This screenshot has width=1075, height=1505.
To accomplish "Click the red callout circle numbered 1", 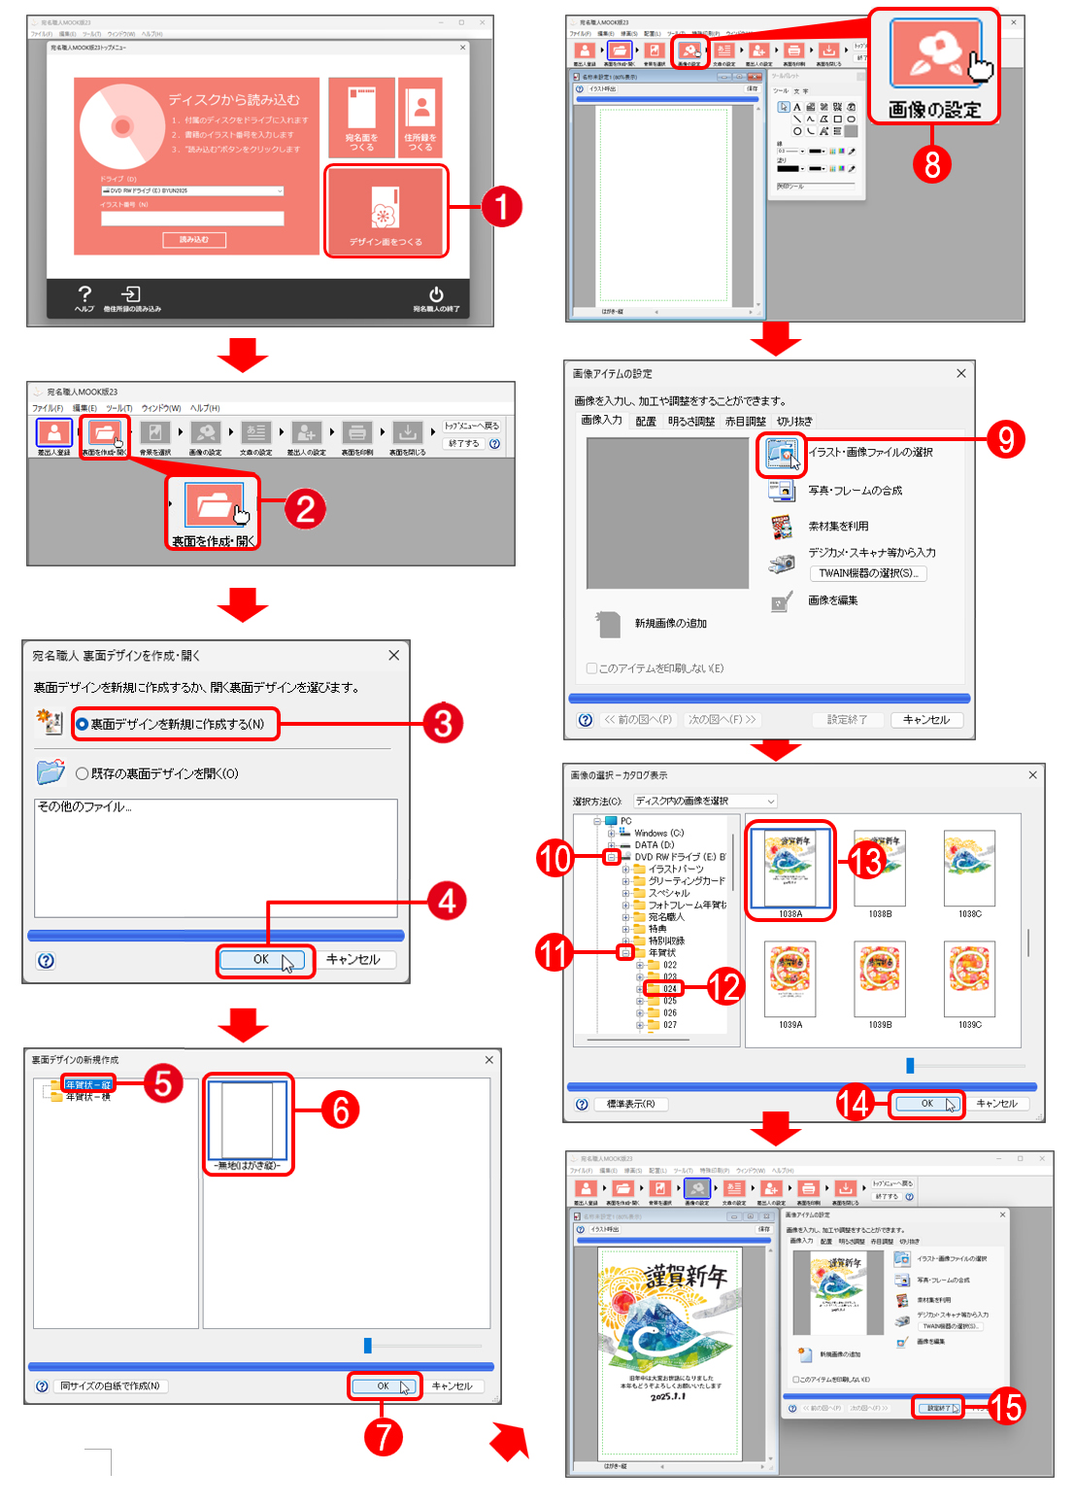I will click(502, 207).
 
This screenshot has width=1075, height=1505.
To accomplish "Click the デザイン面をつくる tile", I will click(386, 212).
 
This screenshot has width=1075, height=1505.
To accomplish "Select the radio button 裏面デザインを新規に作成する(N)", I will click(83, 724).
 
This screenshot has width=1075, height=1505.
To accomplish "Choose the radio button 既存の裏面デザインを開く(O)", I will click(83, 773).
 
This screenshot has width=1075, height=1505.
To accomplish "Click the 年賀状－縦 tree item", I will click(87, 1084).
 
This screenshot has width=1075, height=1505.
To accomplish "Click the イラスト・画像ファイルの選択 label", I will click(870, 452).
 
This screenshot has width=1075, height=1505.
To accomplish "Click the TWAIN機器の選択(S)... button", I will click(867, 573).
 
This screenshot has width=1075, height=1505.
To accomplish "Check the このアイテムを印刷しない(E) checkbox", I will click(591, 668).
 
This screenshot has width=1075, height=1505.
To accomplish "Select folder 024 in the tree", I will click(669, 989).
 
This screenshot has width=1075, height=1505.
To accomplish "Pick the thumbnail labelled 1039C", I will click(969, 978).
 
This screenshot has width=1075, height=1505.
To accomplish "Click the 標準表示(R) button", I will click(630, 1104).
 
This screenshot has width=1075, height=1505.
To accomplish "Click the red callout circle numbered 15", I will click(1007, 1406).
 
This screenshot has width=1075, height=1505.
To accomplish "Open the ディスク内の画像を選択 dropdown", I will click(705, 802).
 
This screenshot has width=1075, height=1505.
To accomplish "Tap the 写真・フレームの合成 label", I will click(855, 491).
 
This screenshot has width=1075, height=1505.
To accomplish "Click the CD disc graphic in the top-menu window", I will click(121, 126).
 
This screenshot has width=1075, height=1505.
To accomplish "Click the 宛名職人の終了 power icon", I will click(436, 294).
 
